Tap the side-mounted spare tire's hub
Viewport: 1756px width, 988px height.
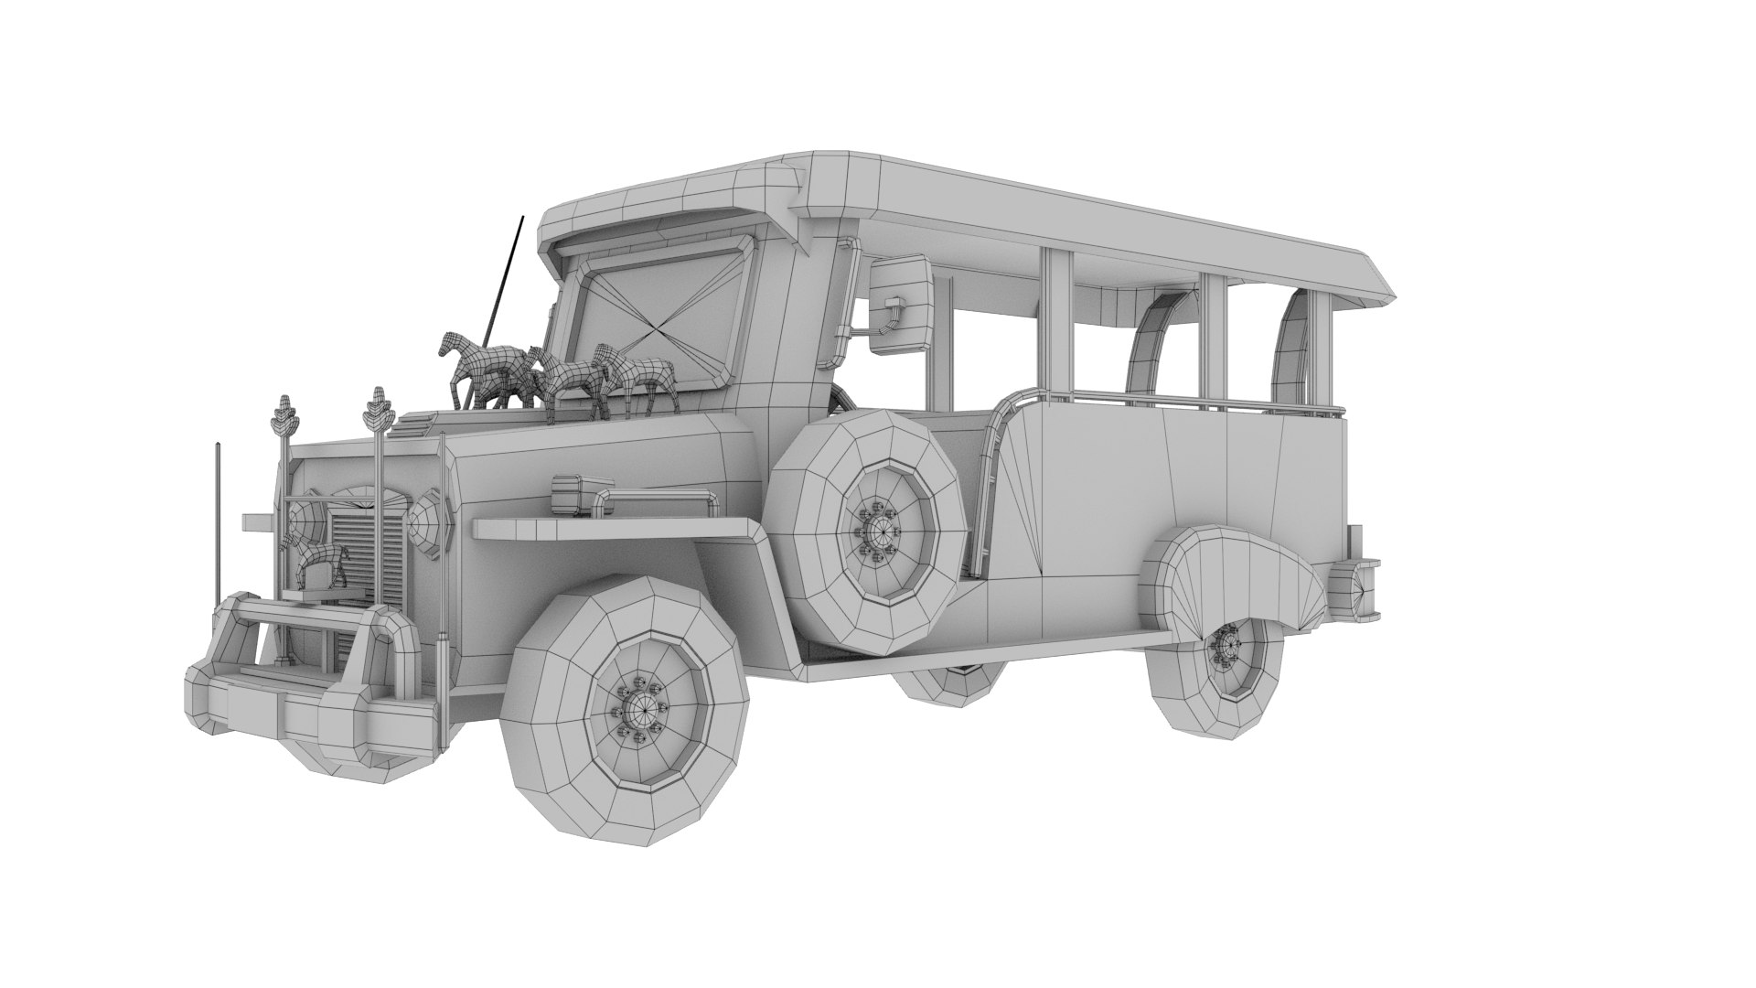pyautogui.click(x=883, y=529)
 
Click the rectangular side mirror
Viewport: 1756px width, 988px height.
pyautogui.click(x=901, y=304)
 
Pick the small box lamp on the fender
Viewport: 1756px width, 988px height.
pyautogui.click(x=574, y=493)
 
